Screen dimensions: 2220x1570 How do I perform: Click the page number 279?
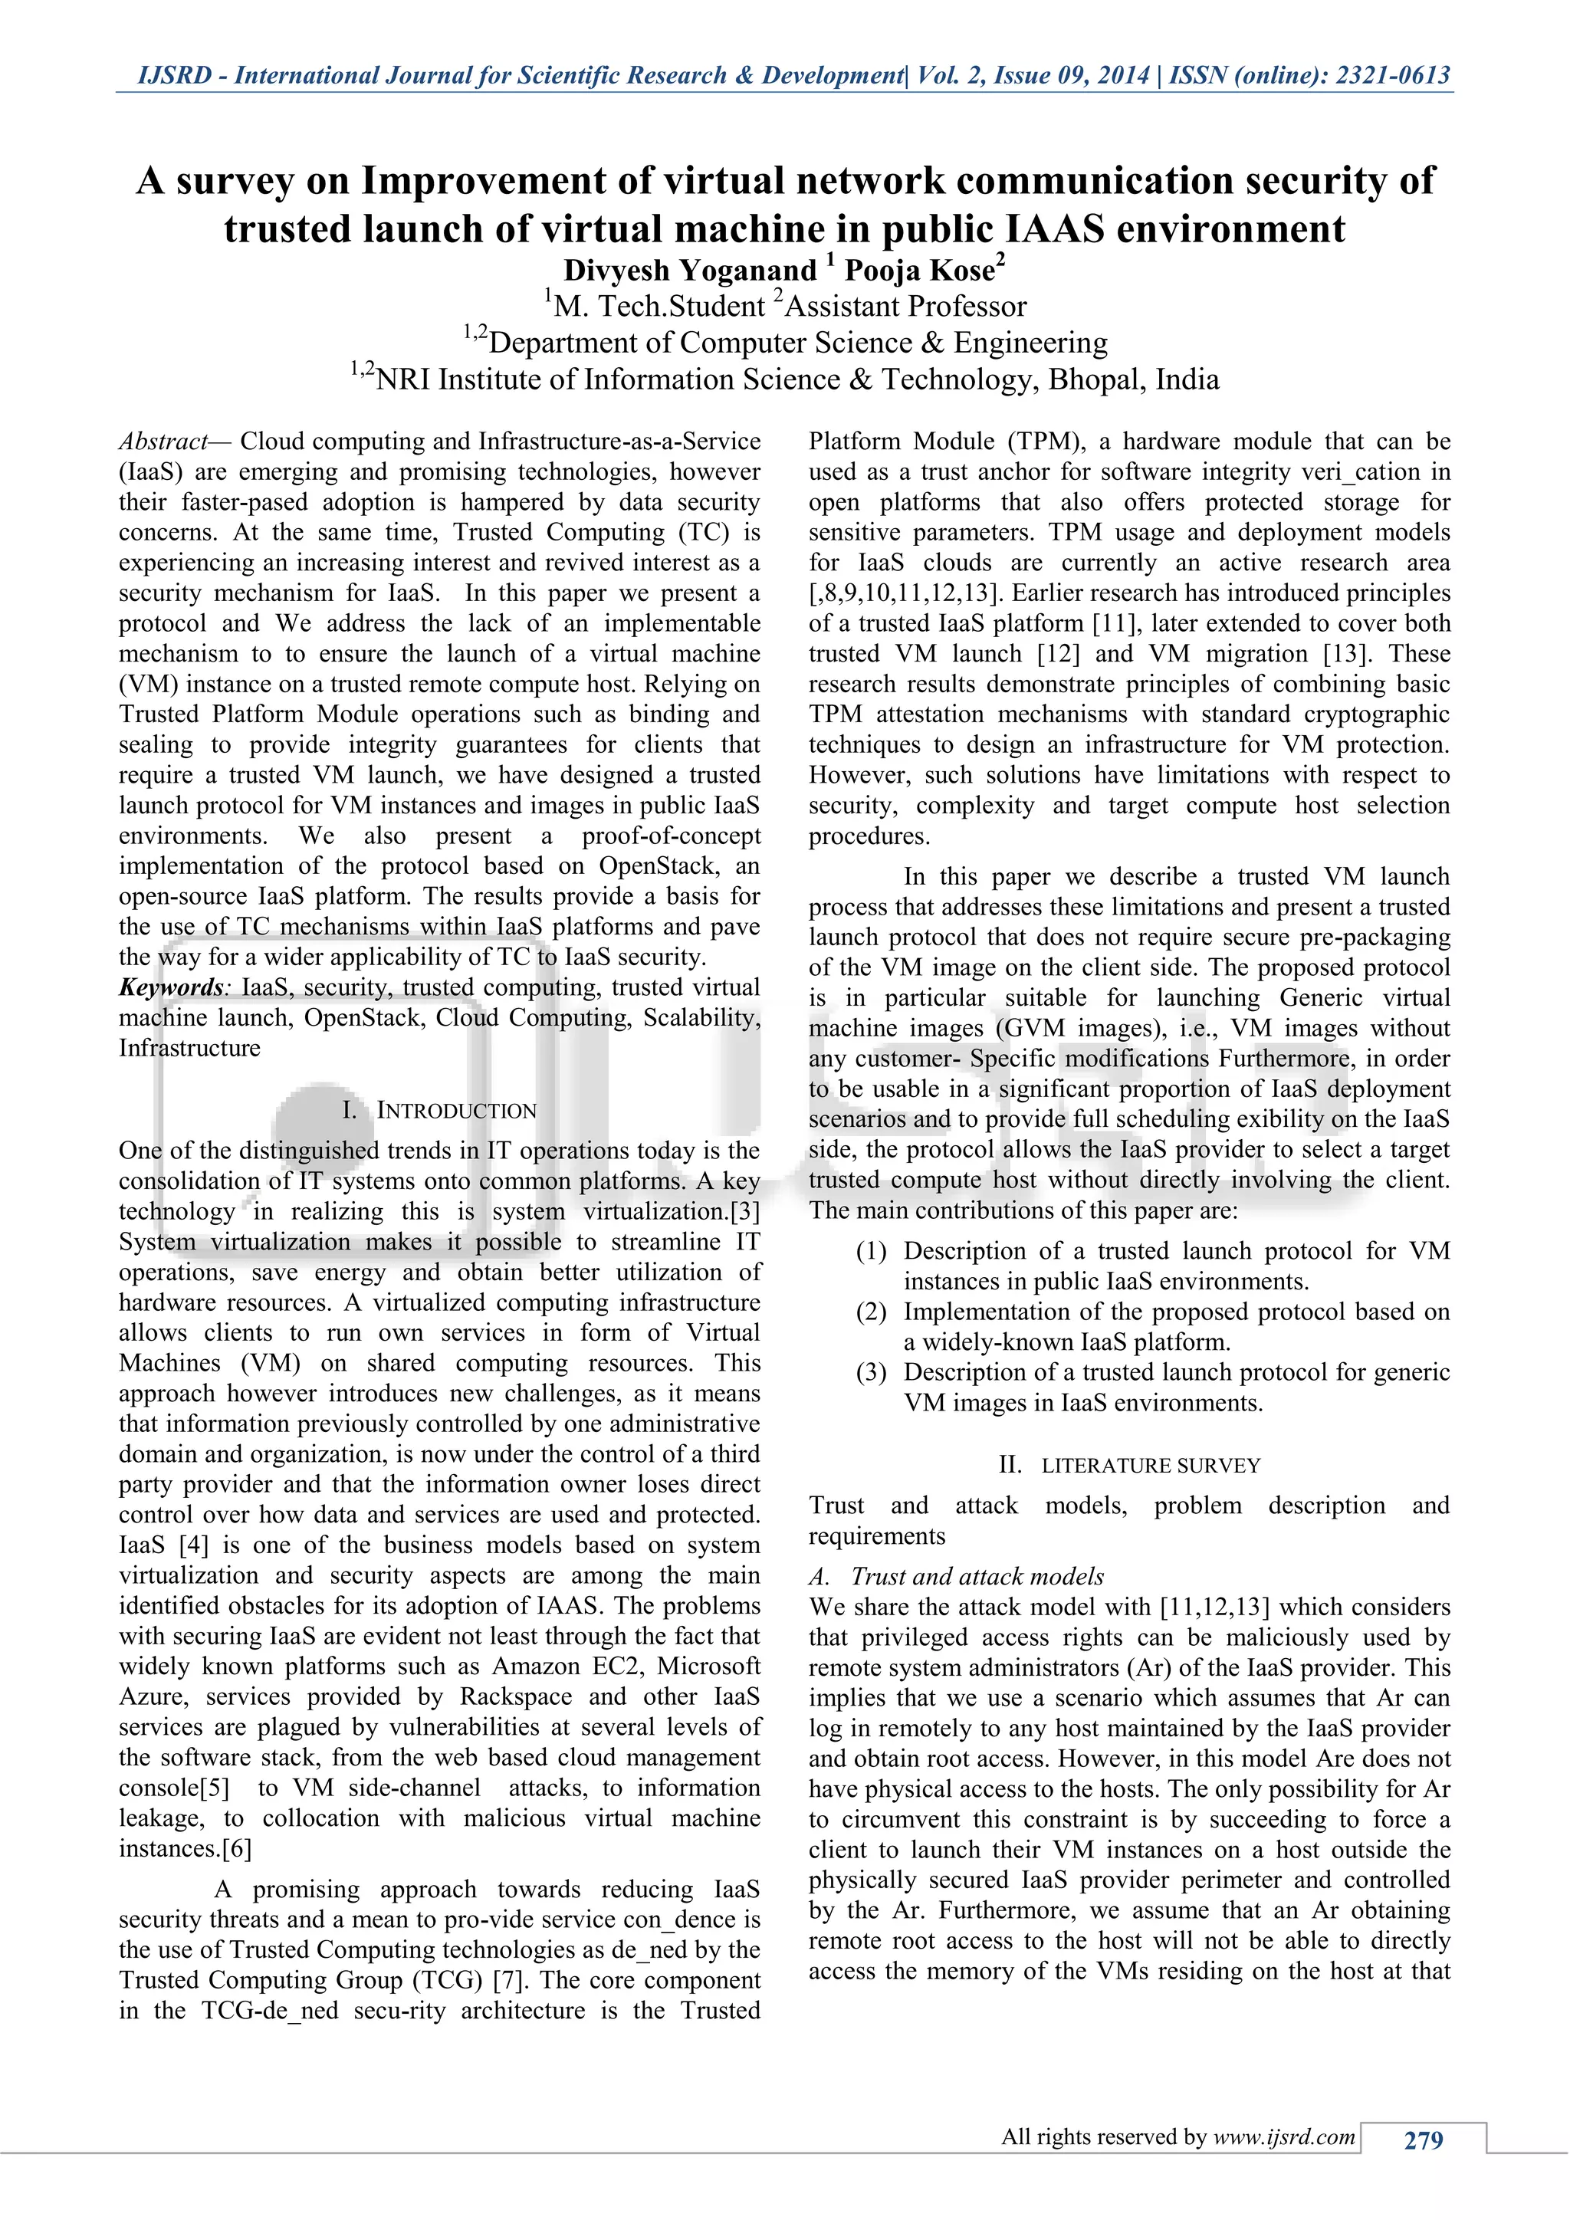click(x=1422, y=2140)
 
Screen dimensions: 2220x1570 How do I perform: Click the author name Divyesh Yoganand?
click(x=690, y=270)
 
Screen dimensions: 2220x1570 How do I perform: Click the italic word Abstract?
click(x=163, y=442)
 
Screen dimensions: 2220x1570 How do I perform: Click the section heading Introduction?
click(x=455, y=1110)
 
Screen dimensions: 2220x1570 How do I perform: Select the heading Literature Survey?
click(x=1151, y=1466)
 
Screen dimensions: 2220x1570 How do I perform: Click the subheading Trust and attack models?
click(x=977, y=1577)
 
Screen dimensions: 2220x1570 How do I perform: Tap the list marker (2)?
click(x=871, y=1312)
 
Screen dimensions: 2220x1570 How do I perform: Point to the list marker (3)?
click(x=871, y=1373)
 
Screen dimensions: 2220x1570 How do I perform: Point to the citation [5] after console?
click(x=214, y=1788)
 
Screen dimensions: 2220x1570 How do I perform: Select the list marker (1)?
click(x=871, y=1251)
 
